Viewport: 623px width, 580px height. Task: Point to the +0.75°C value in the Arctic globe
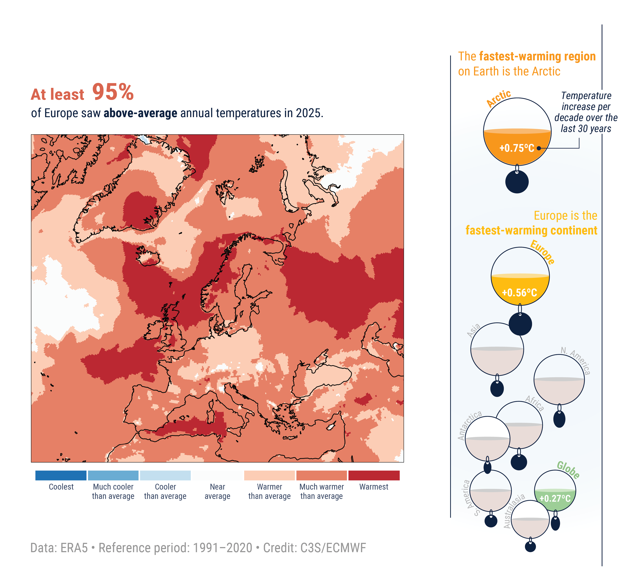click(x=517, y=148)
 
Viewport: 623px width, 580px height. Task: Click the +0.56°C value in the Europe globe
click(x=519, y=293)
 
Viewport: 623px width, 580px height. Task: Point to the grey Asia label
click(x=473, y=331)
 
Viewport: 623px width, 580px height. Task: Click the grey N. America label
click(x=576, y=360)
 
